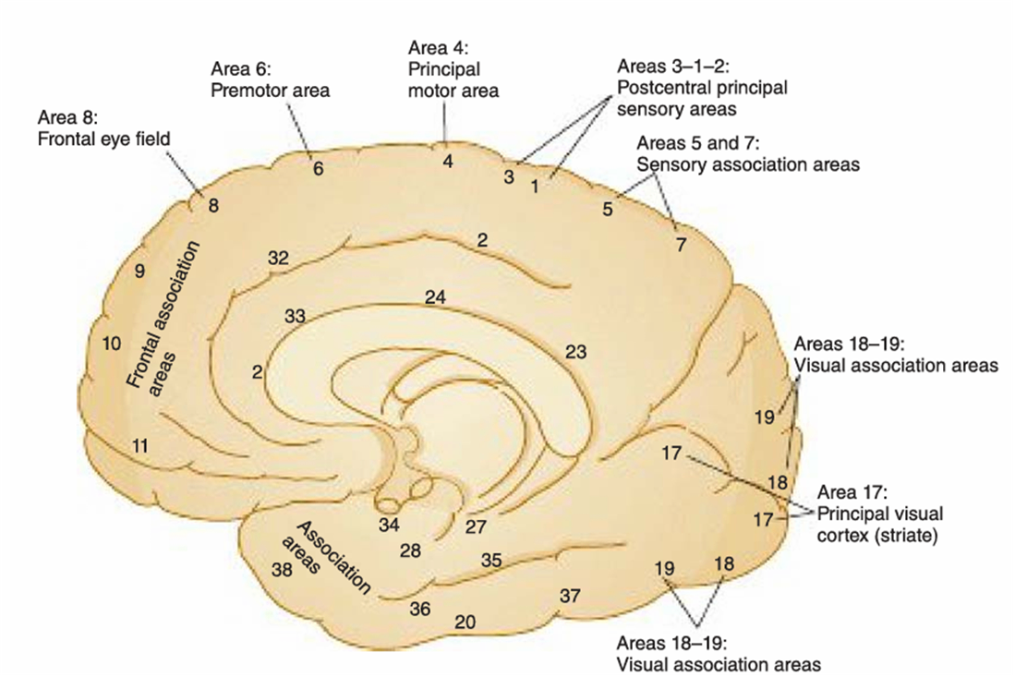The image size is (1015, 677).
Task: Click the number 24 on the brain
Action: click(436, 297)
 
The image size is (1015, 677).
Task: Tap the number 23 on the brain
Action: click(575, 352)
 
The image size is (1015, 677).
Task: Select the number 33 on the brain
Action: click(295, 316)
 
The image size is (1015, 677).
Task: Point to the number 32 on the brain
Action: click(279, 259)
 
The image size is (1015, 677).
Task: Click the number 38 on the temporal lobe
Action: click(283, 570)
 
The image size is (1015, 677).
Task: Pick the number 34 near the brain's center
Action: click(389, 526)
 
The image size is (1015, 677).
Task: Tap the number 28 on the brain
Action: click(411, 550)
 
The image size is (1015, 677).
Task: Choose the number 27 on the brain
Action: click(475, 527)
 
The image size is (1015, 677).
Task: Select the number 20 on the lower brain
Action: click(465, 623)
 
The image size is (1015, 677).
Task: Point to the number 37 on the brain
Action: click(570, 597)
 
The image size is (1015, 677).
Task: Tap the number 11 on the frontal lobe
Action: click(139, 446)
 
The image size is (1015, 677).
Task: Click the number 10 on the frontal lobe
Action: click(112, 344)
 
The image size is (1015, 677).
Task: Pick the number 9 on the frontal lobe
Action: click(139, 271)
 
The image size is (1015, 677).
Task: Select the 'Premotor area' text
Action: click(270, 91)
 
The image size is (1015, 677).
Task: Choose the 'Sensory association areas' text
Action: click(748, 164)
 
